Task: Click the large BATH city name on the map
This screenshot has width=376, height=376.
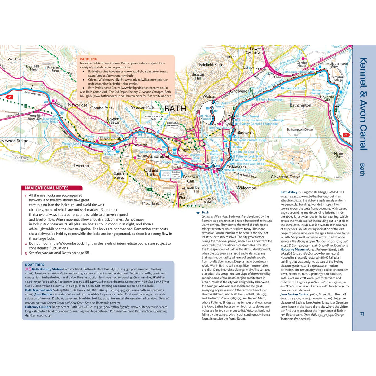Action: pos(175,109)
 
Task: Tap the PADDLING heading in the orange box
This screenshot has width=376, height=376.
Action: pos(89,59)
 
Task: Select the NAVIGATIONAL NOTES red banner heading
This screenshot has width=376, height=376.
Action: pos(47,188)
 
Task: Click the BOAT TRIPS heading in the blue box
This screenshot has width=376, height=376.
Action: pos(35,265)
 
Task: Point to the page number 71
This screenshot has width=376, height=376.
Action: pos(362,314)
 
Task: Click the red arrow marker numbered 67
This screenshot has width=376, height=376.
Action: pos(10,97)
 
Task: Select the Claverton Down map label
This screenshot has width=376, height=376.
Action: pos(285,177)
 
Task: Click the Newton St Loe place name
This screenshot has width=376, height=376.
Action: pos(15,141)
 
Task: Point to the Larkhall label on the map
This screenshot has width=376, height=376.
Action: pos(231,57)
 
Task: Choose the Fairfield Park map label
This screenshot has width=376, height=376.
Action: pos(211,65)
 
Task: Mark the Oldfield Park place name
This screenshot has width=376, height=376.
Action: pos(151,172)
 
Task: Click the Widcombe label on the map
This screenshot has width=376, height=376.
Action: pos(246,188)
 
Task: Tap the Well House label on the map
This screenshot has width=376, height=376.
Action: pos(16,59)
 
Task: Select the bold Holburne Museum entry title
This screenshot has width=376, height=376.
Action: pos(294,249)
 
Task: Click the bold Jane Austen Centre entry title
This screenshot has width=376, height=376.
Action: pos(294,294)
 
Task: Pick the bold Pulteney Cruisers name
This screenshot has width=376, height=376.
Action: pos(38,307)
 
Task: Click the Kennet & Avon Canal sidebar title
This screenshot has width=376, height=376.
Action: pos(363,103)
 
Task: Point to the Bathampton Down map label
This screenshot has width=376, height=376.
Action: pos(299,129)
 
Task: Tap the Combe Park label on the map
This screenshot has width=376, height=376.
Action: pos(101,108)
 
